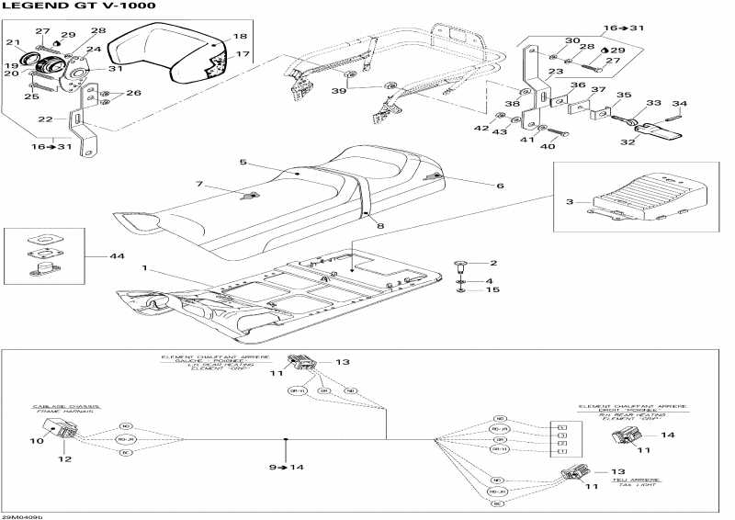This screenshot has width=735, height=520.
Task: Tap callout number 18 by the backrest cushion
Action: click(x=240, y=37)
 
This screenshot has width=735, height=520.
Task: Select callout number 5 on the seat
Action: click(x=243, y=163)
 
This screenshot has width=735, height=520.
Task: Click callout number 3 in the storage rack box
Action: click(x=569, y=201)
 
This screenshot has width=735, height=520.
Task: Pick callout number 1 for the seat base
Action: click(x=143, y=269)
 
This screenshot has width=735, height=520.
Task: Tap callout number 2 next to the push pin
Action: click(x=492, y=263)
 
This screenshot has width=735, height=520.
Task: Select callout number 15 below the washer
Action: click(x=492, y=290)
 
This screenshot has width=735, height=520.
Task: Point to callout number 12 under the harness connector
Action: click(x=65, y=458)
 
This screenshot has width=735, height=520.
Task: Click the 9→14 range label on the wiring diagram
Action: click(x=285, y=468)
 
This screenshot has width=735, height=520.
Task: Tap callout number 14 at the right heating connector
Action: click(x=668, y=435)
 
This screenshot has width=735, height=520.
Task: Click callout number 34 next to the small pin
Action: click(x=681, y=103)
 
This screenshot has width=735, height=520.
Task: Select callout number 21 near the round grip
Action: click(x=13, y=43)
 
